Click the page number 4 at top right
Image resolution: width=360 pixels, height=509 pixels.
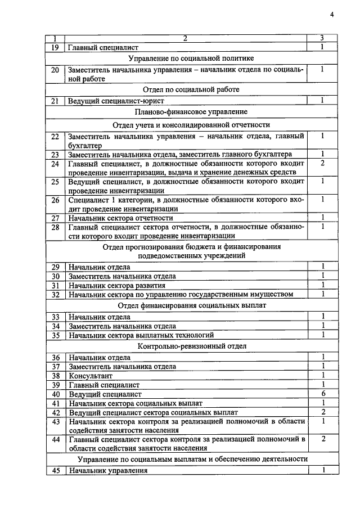pyautogui.click(x=332, y=15)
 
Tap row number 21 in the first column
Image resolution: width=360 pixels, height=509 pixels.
pyautogui.click(x=55, y=101)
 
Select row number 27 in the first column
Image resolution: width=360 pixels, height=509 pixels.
pyautogui.click(x=55, y=218)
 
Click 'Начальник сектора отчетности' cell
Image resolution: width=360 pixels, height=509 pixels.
pyautogui.click(x=120, y=218)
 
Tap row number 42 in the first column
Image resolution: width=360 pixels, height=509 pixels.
pyautogui.click(x=55, y=412)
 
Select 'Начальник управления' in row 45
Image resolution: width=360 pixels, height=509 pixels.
pyautogui.click(x=107, y=471)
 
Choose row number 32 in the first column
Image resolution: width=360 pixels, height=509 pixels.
pyautogui.click(x=55, y=294)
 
